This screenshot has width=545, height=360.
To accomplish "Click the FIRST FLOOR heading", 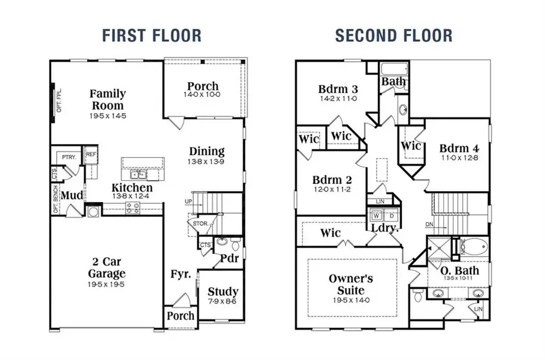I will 151,35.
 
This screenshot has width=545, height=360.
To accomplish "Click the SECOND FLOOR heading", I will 394,35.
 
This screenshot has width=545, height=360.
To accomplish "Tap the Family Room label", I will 108,100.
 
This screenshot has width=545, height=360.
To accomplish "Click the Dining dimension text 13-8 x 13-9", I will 206,163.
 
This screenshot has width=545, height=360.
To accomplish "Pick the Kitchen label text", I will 132,188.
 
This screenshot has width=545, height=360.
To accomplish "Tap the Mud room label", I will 72,195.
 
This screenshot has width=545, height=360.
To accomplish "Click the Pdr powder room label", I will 228,258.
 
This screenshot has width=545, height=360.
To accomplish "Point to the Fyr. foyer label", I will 180,274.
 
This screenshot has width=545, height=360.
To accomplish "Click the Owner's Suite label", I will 351,285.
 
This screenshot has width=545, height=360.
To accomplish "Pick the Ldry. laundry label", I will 385,229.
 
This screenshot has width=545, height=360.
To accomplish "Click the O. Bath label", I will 460,270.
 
